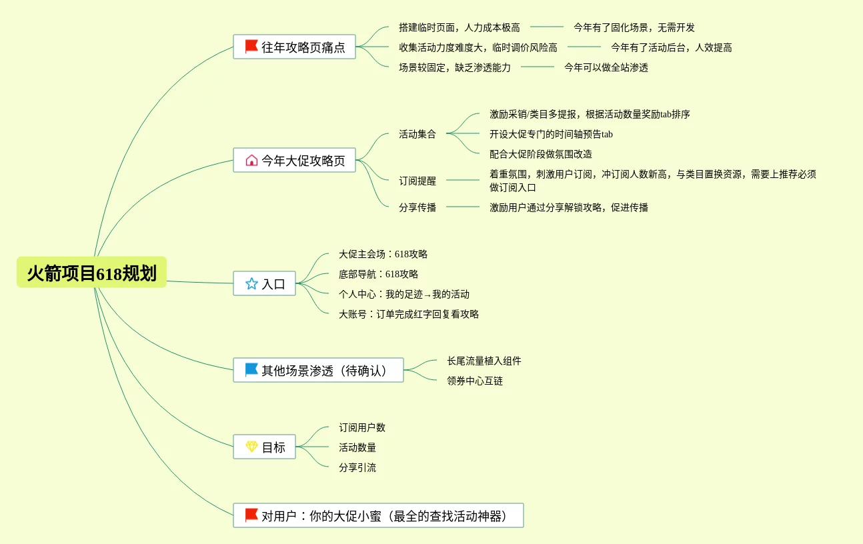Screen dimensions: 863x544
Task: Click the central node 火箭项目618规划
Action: point(91,273)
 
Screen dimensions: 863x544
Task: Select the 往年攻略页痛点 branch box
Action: point(294,47)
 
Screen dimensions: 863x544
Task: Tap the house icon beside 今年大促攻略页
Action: point(251,160)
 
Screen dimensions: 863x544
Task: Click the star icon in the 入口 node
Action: point(251,283)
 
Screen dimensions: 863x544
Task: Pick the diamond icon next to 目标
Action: point(251,447)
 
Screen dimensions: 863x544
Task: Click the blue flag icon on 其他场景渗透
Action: point(251,369)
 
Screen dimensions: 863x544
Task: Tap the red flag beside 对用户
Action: point(251,515)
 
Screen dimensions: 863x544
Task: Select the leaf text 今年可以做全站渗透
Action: point(606,67)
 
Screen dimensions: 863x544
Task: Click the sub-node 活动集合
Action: point(417,134)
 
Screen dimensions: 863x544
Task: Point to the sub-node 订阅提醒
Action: point(417,181)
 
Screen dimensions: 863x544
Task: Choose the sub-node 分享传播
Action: point(417,207)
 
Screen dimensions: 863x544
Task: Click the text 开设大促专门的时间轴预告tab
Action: point(551,134)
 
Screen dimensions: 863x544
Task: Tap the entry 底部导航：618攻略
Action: point(378,274)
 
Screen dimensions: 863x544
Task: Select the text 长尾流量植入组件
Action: point(484,361)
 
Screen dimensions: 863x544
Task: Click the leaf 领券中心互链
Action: point(474,381)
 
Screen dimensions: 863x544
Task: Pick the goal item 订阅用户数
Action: point(361,427)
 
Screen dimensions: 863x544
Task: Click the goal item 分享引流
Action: point(357,467)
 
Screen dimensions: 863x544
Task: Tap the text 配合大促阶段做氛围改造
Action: point(540,154)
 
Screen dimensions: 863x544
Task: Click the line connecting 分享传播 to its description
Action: point(462,207)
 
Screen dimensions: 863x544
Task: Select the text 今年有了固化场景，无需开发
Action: point(634,27)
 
